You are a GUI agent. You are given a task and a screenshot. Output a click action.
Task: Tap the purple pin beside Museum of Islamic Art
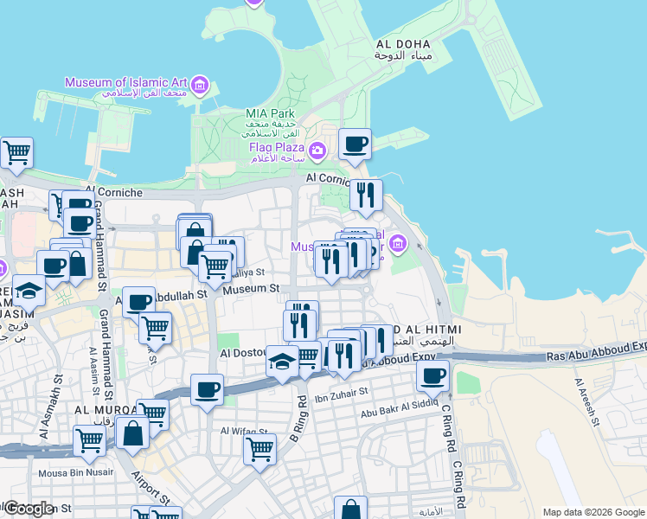[201, 85]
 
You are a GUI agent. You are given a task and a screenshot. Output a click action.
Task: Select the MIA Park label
[270, 113]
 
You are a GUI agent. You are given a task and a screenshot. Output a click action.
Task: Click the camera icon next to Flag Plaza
[317, 152]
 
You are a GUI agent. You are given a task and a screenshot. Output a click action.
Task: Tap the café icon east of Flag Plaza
[354, 144]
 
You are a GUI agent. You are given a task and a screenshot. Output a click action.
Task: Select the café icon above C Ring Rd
[432, 376]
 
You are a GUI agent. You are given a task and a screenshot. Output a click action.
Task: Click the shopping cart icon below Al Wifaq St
[259, 450]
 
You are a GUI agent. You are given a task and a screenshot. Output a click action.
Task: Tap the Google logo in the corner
[29, 509]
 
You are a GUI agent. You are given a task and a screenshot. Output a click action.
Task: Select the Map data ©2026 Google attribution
[593, 512]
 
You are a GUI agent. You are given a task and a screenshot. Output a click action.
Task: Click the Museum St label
[251, 289]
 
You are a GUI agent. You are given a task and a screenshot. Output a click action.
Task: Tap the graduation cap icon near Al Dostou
[282, 361]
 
